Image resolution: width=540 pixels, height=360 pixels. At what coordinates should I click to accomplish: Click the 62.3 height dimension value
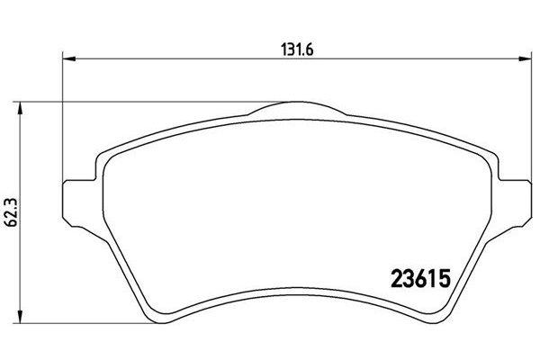click(x=8, y=212)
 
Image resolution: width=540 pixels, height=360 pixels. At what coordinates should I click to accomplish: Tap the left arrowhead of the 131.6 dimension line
click(x=66, y=60)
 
